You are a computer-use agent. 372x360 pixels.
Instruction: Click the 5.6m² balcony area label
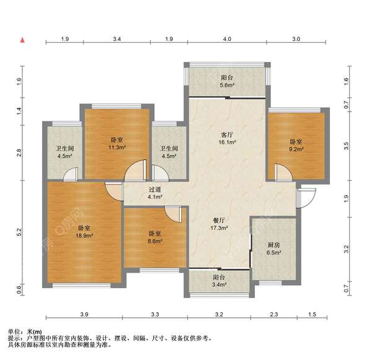point(228,82)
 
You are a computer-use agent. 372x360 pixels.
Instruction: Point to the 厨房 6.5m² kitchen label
point(273,248)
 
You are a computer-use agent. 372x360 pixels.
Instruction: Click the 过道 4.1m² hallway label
point(155,193)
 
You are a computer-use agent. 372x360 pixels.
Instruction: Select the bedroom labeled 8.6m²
point(155,237)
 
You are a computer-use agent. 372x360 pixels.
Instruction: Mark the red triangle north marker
point(22,40)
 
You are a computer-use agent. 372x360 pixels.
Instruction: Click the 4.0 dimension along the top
point(227,40)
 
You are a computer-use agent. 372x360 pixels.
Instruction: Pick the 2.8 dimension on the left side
point(19,152)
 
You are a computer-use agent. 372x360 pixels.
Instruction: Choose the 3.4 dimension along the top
point(117,40)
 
